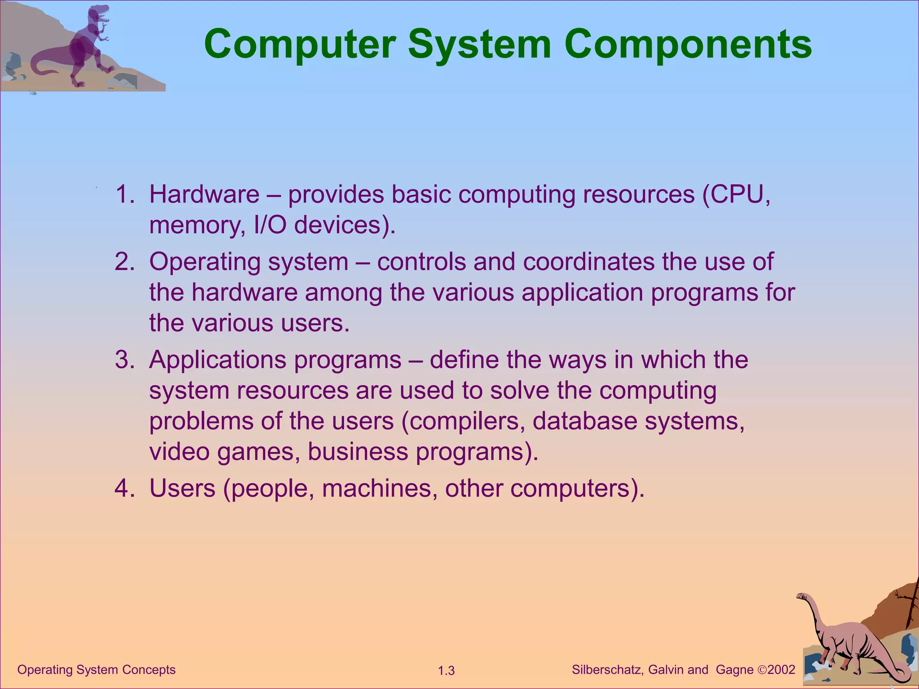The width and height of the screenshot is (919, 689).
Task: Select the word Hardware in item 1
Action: tap(204, 195)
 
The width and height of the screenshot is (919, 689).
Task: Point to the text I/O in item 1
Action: tap(270, 225)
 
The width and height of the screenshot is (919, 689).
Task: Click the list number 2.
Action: tap(124, 262)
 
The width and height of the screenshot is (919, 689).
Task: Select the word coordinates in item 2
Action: tap(588, 262)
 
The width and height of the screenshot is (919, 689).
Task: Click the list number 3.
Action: tap(124, 360)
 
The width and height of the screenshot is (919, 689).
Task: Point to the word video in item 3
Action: tap(179, 452)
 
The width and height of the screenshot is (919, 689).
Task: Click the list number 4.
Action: tap(124, 488)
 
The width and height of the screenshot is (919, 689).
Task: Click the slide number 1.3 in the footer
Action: tap(446, 671)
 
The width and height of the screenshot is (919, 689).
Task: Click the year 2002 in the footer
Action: tap(781, 670)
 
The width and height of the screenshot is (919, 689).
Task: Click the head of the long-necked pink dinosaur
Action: tap(801, 596)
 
